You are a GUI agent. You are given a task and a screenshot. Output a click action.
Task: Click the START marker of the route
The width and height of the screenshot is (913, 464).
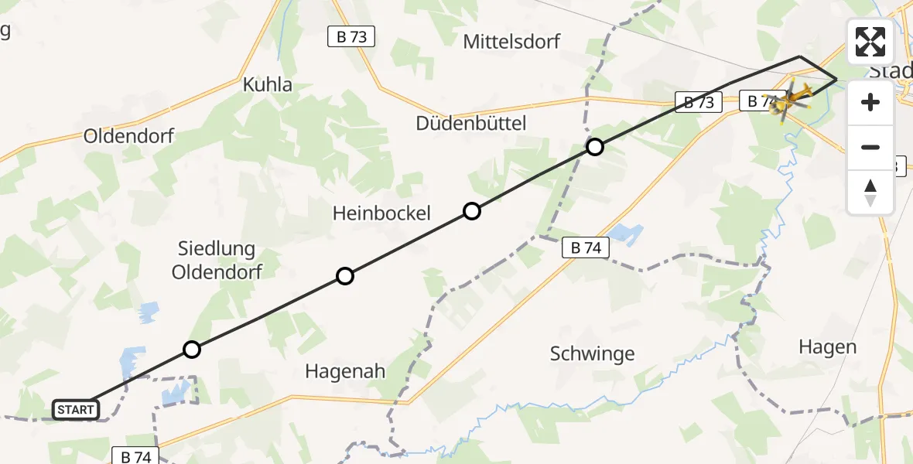pyautogui.click(x=76, y=410)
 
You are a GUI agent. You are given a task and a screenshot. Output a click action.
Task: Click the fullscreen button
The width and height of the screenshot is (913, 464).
pyautogui.click(x=870, y=42)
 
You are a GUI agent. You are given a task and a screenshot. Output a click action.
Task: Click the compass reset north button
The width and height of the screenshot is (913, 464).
pyautogui.click(x=870, y=193)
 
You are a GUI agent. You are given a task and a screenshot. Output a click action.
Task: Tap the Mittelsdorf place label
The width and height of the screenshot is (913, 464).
pyautogui.click(x=511, y=42)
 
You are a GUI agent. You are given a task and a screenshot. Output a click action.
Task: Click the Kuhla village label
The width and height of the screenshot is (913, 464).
pyautogui.click(x=268, y=85)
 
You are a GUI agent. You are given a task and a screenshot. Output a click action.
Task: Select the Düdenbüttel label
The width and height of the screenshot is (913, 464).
pyautogui.click(x=471, y=123)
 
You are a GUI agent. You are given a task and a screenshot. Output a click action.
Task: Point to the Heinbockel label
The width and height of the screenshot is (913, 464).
pyautogui.click(x=381, y=213)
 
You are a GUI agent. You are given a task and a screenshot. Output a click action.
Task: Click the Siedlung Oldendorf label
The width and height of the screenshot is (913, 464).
pyautogui.click(x=217, y=260)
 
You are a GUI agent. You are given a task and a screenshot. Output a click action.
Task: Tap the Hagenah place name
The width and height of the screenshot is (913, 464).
pyautogui.click(x=345, y=371)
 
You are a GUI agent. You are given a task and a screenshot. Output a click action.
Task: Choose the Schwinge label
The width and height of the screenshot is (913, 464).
pyautogui.click(x=592, y=353)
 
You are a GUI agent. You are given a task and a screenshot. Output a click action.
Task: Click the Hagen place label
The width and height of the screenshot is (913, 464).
pyautogui.click(x=827, y=347)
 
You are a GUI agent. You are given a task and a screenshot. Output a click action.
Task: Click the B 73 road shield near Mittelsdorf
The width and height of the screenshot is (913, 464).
pyautogui.click(x=351, y=36)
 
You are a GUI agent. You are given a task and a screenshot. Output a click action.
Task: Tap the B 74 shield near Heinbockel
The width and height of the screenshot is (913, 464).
pyautogui.click(x=586, y=247)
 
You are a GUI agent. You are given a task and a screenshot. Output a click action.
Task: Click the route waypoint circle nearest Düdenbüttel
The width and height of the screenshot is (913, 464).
pyautogui.click(x=594, y=147)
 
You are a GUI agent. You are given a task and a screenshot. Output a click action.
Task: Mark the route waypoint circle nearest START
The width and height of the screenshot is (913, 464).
pyautogui.click(x=192, y=350)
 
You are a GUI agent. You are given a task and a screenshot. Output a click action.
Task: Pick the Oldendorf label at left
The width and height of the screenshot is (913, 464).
pyautogui.click(x=129, y=136)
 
